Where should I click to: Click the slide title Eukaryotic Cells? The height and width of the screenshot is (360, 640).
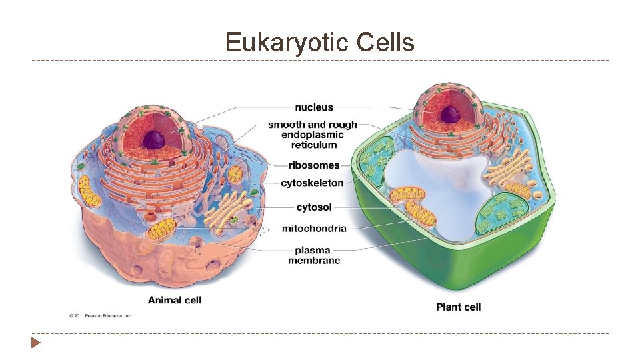tap(319, 43)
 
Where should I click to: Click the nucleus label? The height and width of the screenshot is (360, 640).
tap(314, 107)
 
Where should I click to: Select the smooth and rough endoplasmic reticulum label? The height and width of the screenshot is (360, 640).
tap(313, 135)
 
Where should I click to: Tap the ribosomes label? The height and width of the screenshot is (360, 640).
tap(314, 165)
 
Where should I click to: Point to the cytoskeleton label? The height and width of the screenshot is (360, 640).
tap(312, 183)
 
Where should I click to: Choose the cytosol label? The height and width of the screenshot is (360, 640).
tap(314, 207)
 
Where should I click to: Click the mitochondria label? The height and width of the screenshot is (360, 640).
tap(314, 228)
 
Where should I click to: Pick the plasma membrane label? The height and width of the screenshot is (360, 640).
tap(314, 255)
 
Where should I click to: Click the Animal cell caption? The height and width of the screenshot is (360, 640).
tap(175, 300)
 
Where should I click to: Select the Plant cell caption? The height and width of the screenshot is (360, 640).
tap(459, 307)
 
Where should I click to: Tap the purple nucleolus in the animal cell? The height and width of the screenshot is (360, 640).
tap(155, 139)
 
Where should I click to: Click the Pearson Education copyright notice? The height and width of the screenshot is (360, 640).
tap(100, 315)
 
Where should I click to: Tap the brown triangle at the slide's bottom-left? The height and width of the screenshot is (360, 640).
tap(35, 343)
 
